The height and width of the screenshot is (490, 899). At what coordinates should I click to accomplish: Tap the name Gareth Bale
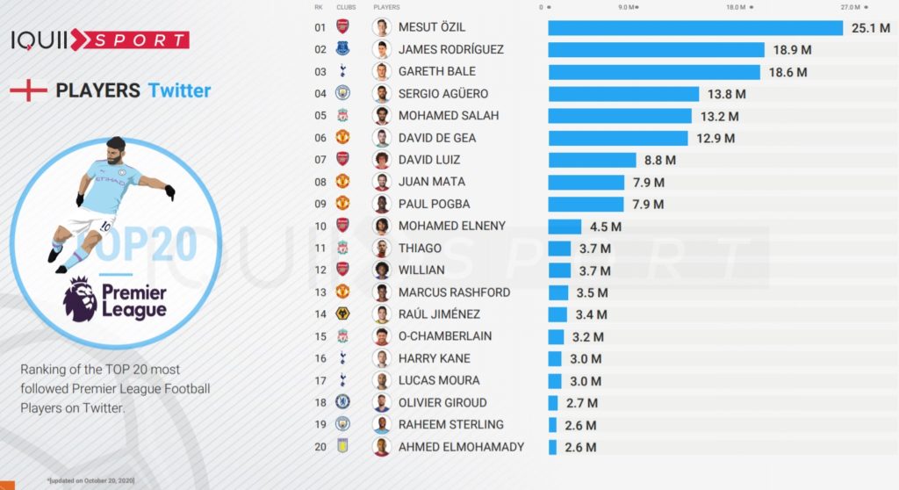coord(437,71)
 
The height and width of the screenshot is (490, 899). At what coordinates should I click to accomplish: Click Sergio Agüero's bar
coord(623,94)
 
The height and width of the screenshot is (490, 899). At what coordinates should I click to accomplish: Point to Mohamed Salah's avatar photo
coord(381,116)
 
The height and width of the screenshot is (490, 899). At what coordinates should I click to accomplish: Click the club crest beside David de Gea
coord(342,138)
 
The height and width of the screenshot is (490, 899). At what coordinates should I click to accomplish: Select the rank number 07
coord(320,160)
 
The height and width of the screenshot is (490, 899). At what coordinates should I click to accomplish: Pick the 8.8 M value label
coord(659,160)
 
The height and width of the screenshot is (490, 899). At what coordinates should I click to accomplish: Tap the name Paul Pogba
coord(434,204)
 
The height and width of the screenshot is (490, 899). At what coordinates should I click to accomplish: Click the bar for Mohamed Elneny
coord(565,226)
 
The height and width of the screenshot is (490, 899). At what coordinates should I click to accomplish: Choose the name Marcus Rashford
coord(454,292)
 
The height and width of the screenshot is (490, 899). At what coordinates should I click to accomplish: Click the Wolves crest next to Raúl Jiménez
coord(342,314)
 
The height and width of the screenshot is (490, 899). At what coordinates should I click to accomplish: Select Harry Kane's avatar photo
coord(381,358)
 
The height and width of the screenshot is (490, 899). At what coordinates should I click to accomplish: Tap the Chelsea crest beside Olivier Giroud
coord(342,402)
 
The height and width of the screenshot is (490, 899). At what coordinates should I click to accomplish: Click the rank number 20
coord(320,446)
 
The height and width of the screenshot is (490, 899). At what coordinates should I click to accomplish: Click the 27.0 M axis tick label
coord(850,7)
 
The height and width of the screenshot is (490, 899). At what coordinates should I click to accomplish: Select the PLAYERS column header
coord(383,7)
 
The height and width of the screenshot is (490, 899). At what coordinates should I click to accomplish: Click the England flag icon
coord(27,90)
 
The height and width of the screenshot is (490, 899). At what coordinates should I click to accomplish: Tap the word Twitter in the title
coord(179,90)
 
